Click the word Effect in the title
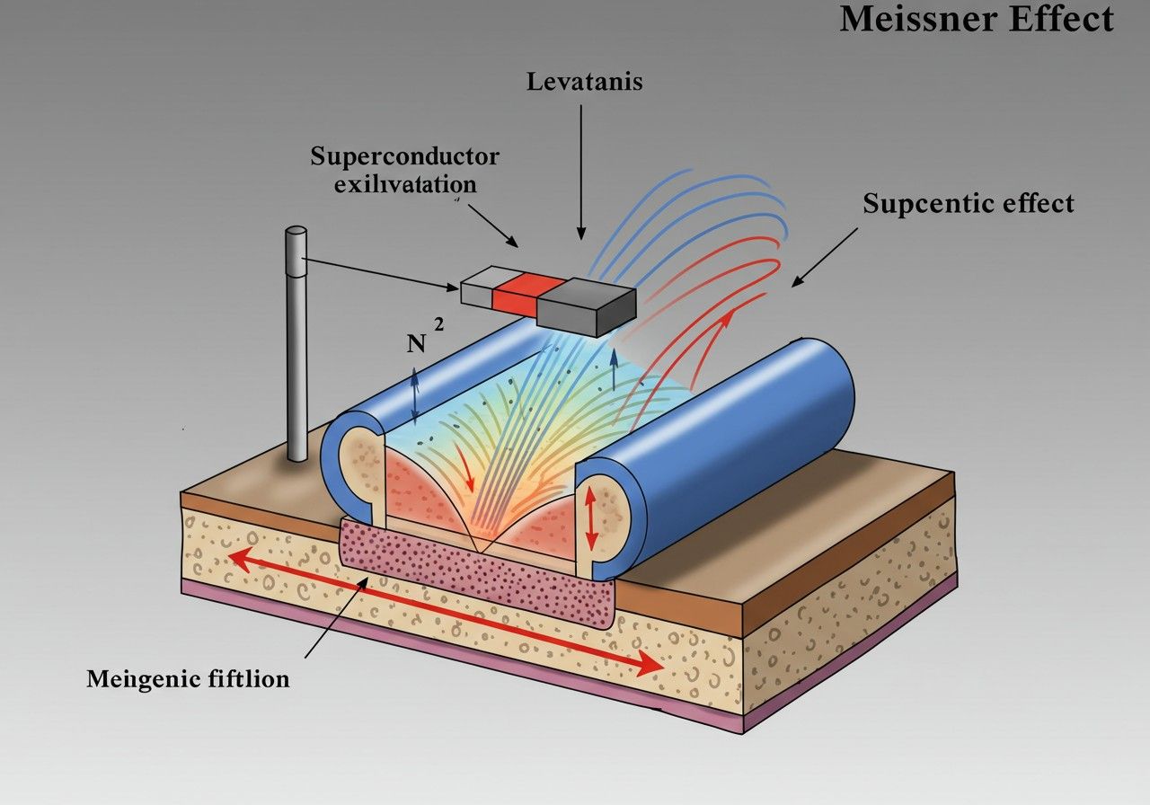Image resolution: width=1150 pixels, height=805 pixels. (1062, 19)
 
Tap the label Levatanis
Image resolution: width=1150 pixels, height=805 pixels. (584, 82)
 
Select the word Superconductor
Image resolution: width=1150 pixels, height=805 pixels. (404, 156)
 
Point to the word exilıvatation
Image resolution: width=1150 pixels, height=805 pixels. (405, 184)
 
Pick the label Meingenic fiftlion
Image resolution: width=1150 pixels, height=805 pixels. (188, 679)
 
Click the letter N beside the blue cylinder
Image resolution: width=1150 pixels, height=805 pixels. (416, 343)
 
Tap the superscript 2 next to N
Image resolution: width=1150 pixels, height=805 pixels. (438, 324)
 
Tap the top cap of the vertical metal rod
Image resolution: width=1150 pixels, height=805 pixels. (296, 232)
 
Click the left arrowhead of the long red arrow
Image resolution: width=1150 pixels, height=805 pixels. (242, 560)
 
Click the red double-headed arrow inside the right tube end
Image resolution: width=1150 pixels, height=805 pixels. (590, 518)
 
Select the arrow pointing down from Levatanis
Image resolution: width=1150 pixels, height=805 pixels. (581, 172)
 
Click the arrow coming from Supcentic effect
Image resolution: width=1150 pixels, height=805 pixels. (825, 257)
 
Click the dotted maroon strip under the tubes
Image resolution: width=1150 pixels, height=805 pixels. (477, 572)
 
